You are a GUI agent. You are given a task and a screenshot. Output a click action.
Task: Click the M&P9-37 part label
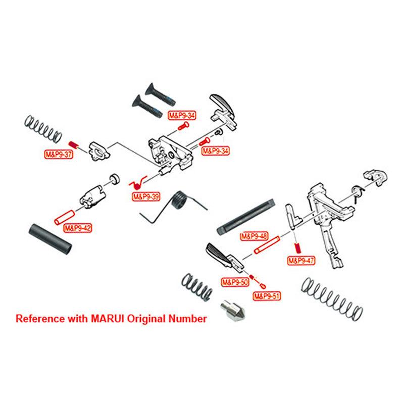click(x=59, y=155)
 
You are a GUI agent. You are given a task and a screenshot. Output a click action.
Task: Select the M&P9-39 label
click(x=146, y=197)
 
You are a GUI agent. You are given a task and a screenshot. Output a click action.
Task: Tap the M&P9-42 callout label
click(x=78, y=228)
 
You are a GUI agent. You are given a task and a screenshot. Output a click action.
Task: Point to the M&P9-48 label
click(x=254, y=236)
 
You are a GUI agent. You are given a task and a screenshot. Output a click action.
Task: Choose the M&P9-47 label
click(x=301, y=261)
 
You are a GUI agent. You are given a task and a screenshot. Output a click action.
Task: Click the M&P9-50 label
click(x=235, y=282)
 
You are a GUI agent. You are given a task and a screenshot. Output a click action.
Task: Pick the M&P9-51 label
click(x=267, y=296)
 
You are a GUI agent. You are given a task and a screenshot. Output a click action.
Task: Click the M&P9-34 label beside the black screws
click(x=182, y=115)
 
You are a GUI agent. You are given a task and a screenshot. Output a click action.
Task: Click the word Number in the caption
click(x=187, y=319)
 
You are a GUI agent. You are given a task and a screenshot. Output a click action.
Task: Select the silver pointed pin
click(x=233, y=311)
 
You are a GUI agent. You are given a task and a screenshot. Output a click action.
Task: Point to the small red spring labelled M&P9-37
click(x=73, y=144)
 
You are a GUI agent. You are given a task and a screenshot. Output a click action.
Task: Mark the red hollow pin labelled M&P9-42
click(x=64, y=218)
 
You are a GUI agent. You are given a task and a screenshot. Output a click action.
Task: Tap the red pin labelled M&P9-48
click(x=267, y=245)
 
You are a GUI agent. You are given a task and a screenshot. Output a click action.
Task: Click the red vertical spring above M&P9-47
click(x=297, y=248)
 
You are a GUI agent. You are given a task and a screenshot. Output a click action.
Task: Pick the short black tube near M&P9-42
click(x=50, y=239)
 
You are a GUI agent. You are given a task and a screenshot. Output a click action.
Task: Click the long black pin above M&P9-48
click(x=246, y=216)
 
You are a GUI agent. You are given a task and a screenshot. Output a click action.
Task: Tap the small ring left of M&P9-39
click(x=115, y=179)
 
